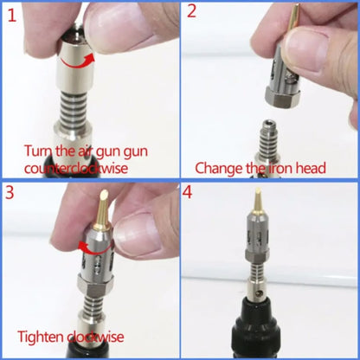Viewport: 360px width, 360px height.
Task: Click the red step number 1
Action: pyautogui.click(x=10, y=15)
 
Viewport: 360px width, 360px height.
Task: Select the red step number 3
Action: pyautogui.click(x=11, y=195)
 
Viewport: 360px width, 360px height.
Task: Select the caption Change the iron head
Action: pyautogui.click(x=260, y=167)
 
